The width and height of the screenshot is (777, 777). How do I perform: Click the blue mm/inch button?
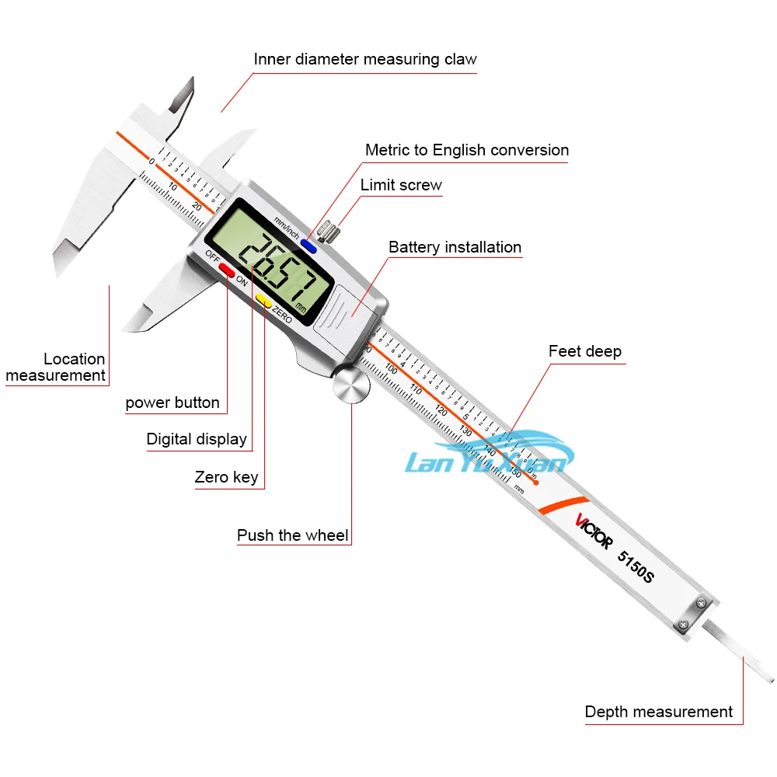click(309, 246)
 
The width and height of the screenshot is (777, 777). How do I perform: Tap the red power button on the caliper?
click(228, 270)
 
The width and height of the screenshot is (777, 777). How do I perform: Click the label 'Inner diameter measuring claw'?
click(365, 59)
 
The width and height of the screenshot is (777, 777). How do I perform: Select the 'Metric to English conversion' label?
click(467, 150)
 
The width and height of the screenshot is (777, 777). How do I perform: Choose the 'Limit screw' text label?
click(401, 185)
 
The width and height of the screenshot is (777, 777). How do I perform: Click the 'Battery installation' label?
click(455, 247)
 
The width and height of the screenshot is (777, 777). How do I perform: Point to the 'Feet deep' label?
click(585, 351)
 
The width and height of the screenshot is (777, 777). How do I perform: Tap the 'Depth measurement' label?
click(658, 712)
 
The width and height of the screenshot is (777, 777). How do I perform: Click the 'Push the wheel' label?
click(293, 535)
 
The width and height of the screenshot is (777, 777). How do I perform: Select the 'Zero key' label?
click(227, 477)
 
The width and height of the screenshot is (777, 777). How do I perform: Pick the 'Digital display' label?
click(197, 439)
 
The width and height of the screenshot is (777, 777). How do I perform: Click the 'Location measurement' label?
click(56, 367)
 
